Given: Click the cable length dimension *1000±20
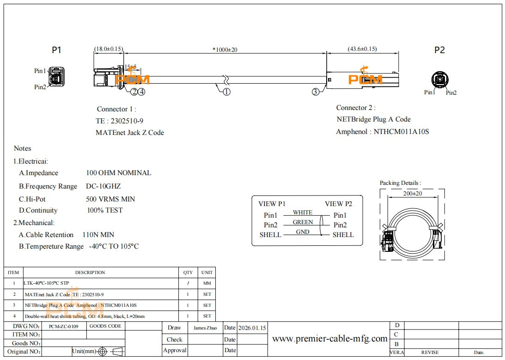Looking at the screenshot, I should pos(225,49).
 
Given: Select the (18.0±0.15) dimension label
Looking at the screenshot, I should pos(109,49).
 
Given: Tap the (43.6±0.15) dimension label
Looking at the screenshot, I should pos(362,49).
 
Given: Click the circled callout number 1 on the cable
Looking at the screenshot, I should pos(226,92).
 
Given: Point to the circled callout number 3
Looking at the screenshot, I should pos(315,92).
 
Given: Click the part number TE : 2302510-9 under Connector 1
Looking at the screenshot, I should pos(119,121).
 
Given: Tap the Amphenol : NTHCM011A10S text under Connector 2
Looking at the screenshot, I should pos(382,131).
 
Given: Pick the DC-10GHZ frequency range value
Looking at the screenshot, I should pos(103,186).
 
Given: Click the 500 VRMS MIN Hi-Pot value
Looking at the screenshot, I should pos(110,199).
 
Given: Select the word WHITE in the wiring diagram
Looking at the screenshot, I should pos(303,213).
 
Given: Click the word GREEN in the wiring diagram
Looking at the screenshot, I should pos(303,222).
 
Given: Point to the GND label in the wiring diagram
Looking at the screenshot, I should pos(303,232).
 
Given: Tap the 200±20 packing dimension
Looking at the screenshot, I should pos(412,194).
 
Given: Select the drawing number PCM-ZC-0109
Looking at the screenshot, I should pos(64,326).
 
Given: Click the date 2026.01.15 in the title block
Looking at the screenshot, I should pos(252,328).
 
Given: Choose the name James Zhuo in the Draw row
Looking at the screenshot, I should pos(205,328).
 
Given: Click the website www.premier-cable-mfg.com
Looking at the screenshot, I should pos(329,339).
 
